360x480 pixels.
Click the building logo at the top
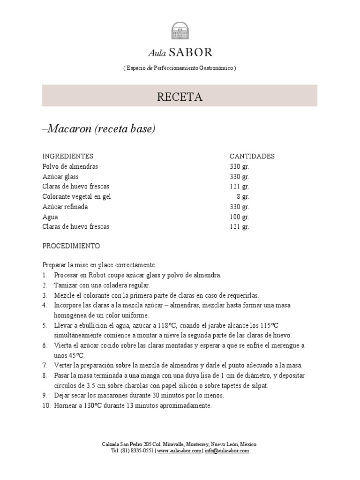(x=180, y=31)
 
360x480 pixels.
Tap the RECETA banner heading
(x=180, y=97)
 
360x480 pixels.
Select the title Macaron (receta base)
(x=98, y=129)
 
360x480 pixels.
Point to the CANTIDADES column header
(x=252, y=157)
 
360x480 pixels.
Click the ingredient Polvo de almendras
(x=70, y=166)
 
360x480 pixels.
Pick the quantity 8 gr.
(x=243, y=197)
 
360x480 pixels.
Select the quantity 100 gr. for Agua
(x=240, y=217)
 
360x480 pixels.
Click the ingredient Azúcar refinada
(x=65, y=207)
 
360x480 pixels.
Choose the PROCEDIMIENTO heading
(x=71, y=246)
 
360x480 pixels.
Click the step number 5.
(x=45, y=325)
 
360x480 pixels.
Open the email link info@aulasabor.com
(x=226, y=451)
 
